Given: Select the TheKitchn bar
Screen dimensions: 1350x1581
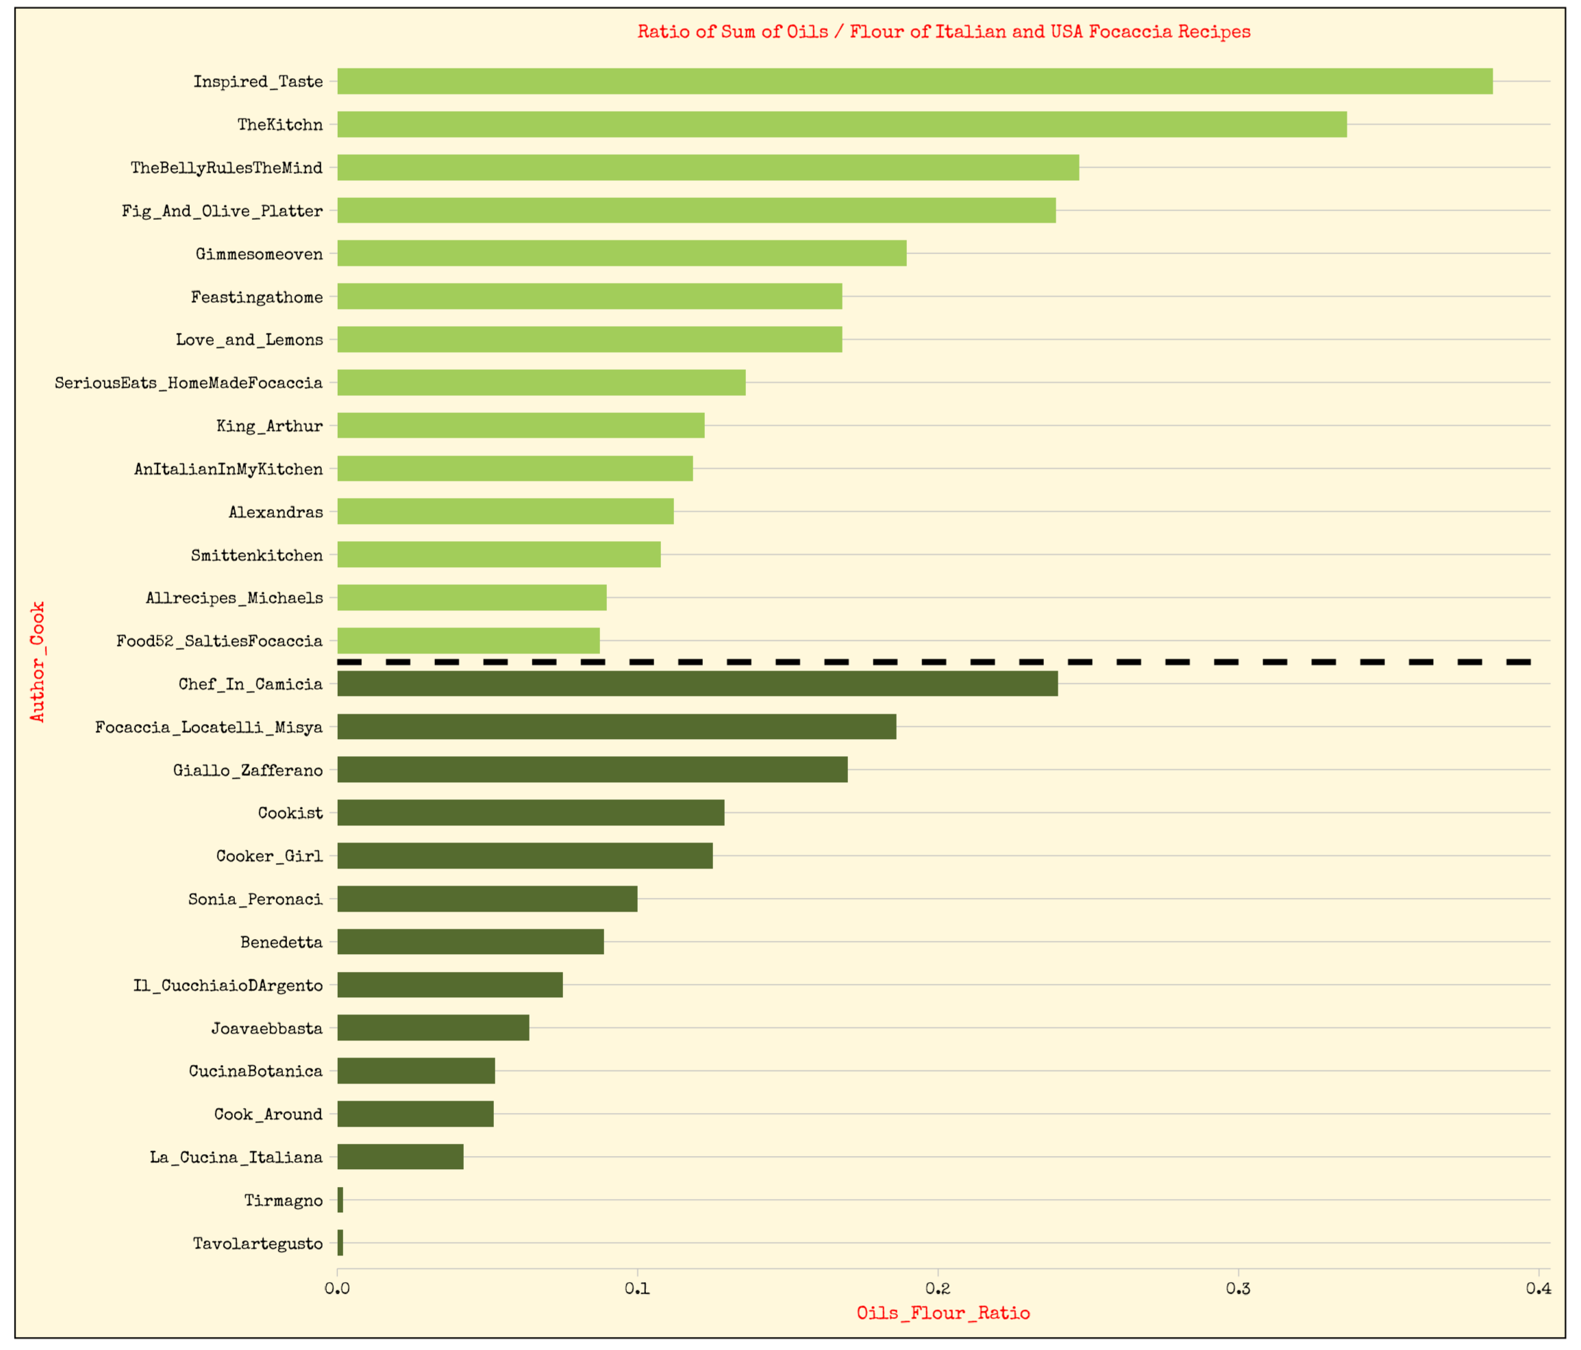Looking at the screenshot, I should coord(842,125).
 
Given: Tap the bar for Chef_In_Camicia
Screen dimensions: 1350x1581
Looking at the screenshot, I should coord(697,684).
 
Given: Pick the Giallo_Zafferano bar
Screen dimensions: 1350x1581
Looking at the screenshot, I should coord(592,770).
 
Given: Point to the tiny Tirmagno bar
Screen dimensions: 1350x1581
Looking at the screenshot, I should coord(340,1201).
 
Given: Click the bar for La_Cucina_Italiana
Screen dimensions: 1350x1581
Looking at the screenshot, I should coord(400,1157).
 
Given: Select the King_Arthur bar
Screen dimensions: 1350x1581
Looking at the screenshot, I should coord(521,426).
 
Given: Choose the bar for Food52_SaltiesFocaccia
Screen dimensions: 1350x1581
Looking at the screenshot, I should coord(468,641).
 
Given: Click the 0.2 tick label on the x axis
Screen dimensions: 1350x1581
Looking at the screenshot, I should coord(938,1289).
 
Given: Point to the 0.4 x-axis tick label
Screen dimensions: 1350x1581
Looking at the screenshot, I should coord(1539,1289).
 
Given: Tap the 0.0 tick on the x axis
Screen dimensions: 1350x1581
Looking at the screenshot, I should coord(337,1289).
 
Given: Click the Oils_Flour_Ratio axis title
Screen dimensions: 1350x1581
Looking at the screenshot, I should coord(943,1314).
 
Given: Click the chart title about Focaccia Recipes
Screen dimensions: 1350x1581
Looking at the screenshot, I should coord(944,32).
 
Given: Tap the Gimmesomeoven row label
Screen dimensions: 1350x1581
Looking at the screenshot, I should coord(259,254).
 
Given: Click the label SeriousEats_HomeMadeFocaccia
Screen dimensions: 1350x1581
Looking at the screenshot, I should coord(188,383).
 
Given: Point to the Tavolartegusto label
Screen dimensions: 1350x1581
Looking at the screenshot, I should coord(257,1244).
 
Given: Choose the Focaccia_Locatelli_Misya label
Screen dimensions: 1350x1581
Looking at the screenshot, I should coord(208,727).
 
